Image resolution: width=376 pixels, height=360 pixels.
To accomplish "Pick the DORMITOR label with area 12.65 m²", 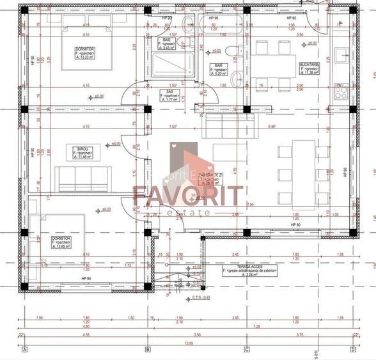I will click(61, 242).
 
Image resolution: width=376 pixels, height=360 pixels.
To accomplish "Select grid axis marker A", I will click(24, 349).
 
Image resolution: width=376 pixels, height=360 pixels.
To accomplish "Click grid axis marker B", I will click(148, 349).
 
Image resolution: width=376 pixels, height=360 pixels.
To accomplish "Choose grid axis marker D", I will click(352, 349).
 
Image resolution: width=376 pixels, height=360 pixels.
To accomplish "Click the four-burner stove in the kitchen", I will click(340, 92).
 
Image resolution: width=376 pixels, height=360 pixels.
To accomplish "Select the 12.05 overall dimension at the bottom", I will click(188, 343).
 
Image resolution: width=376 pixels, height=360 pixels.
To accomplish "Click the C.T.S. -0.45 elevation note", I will click(201, 298).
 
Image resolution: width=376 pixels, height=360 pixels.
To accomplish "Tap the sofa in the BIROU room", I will click(82, 176).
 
